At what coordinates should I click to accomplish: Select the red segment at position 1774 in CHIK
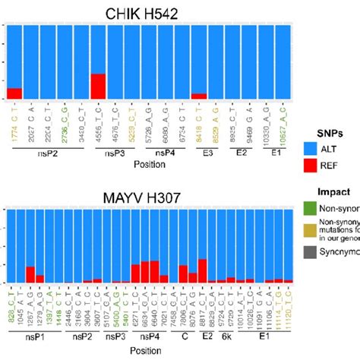(x=14, y=94)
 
